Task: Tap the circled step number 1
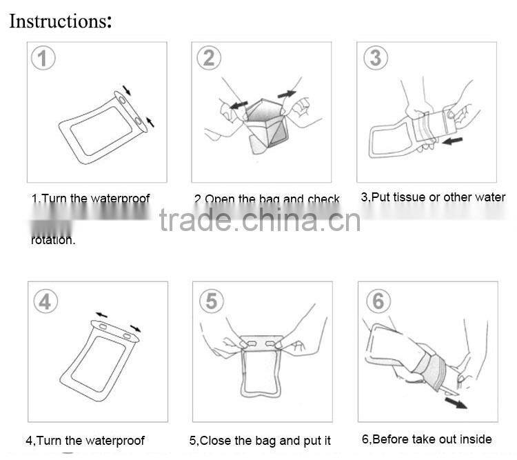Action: pos(43,59)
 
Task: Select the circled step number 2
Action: pos(209,58)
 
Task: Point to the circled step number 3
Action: pos(375,57)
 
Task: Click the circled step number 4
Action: pos(43,301)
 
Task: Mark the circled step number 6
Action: pos(378,301)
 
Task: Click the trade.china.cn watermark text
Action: pos(259,221)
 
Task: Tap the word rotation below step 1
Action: pos(53,241)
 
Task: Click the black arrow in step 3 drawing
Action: pos(452,141)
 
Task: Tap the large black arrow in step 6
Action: pos(455,401)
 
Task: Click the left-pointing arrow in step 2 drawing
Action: pos(239,105)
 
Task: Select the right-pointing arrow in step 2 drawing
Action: pos(286,92)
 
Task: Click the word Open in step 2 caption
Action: pos(220,200)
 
